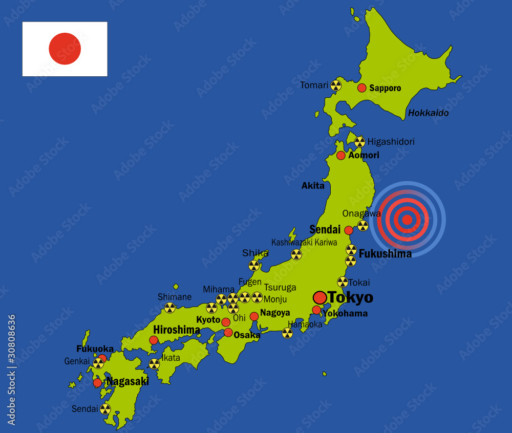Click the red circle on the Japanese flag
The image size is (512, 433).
click(x=65, y=49)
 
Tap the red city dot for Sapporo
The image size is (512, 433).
click(x=362, y=88)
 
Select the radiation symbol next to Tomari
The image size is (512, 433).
click(x=336, y=85)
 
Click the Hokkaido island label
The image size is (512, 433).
click(x=428, y=113)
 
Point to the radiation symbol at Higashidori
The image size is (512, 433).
click(x=360, y=142)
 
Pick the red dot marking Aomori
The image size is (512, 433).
click(x=341, y=155)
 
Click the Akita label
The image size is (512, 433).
click(x=313, y=186)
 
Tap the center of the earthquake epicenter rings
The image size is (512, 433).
click(x=408, y=220)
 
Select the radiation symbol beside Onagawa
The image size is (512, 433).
click(x=362, y=225)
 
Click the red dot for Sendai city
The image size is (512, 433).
click(x=349, y=230)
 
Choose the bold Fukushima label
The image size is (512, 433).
click(x=385, y=253)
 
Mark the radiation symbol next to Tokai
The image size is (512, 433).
click(x=343, y=282)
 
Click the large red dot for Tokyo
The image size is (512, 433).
click(x=320, y=298)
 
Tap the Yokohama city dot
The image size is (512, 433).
click(x=316, y=310)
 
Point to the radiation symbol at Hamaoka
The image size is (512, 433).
click(x=288, y=333)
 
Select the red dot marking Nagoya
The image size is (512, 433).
click(x=254, y=316)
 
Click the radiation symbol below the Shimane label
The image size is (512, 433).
click(x=169, y=308)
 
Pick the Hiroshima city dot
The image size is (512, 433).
click(x=154, y=340)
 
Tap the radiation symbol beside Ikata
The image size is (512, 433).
click(x=154, y=364)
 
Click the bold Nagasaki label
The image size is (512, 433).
click(x=127, y=381)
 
